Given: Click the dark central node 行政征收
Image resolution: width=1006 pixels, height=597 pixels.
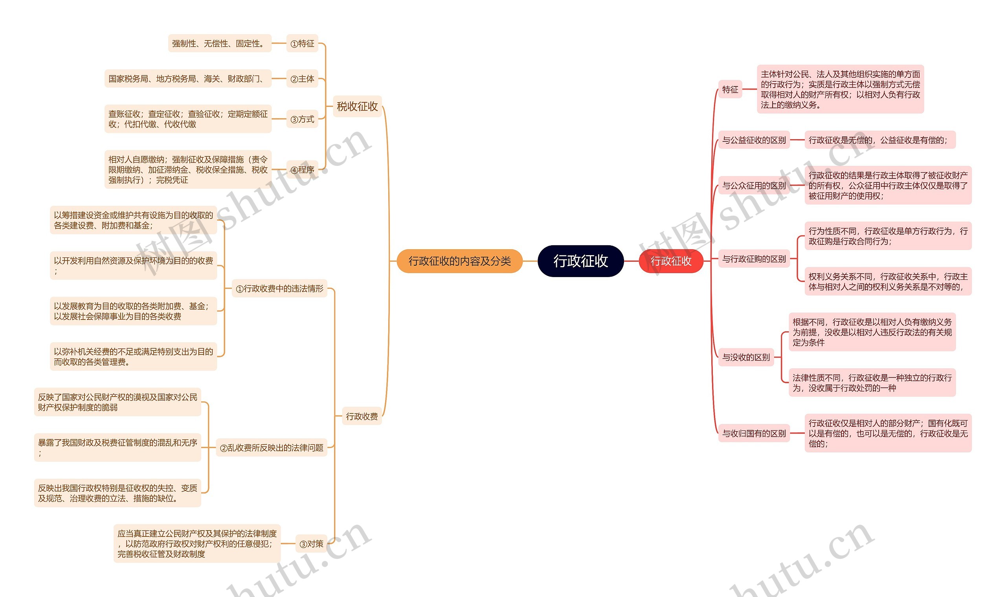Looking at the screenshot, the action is coord(580,261).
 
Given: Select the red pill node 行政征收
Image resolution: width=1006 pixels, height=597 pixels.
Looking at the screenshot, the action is coord(670,261).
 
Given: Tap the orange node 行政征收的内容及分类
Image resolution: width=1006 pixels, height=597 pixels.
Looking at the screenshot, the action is coord(459,261).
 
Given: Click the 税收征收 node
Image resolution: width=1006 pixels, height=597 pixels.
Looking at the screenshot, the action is coord(357,106).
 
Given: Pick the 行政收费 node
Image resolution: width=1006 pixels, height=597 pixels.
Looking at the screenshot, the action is coord(362,416).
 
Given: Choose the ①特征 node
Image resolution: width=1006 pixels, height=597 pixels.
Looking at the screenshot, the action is coord(302,44).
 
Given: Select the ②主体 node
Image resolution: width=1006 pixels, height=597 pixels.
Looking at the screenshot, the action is coord(302,79).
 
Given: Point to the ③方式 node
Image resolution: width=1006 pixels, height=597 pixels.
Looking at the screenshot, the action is coord(302,119).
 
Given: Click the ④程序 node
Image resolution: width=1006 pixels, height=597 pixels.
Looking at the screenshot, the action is coord(302,170).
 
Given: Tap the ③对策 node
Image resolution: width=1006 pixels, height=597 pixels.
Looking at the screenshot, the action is coord(311,544).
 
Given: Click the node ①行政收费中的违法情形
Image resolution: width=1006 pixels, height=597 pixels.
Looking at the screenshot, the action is coord(279,288).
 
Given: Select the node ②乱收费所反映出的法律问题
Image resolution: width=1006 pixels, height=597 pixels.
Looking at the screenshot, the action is coord(272,448).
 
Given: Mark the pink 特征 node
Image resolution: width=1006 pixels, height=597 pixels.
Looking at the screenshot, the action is coord(730,89).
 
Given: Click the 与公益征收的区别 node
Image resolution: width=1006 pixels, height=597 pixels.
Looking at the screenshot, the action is coord(754,140).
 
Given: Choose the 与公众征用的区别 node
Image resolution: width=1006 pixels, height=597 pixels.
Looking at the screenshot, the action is coord(754,186).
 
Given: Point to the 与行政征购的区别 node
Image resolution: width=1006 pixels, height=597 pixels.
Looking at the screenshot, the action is coord(754,259).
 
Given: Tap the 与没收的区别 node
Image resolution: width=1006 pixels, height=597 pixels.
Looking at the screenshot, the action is coord(746,357).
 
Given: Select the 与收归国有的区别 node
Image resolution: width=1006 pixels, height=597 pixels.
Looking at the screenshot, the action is coord(754,433).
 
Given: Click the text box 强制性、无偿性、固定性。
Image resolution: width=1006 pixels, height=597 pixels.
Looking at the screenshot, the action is coord(220,44).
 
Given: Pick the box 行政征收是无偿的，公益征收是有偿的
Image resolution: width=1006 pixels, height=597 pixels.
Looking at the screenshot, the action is coord(880,140).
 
